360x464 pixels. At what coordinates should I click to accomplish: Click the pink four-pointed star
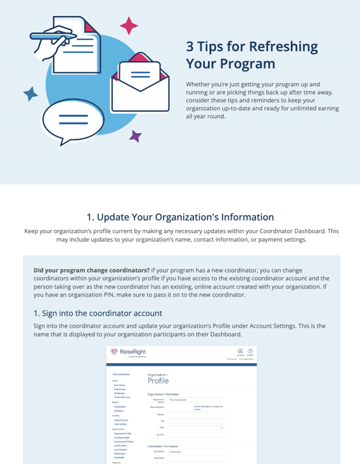[x=129, y=26]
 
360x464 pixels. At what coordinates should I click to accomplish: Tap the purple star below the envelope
[x=135, y=136]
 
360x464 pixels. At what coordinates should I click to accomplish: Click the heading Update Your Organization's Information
[x=180, y=217]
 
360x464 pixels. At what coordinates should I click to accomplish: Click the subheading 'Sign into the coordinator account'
[x=98, y=313]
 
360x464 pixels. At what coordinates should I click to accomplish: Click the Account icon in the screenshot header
[x=240, y=352]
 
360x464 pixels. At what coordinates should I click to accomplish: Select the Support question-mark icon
[x=250, y=352]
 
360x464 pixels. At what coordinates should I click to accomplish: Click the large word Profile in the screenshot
[x=158, y=381]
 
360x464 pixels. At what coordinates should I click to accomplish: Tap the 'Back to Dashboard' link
[x=120, y=374]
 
